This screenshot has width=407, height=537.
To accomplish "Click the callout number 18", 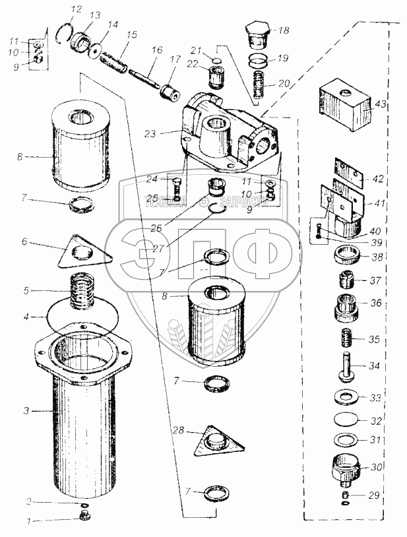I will (283, 31).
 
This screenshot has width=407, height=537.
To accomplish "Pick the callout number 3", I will (25, 411).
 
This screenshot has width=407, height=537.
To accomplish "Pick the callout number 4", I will (25, 316).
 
